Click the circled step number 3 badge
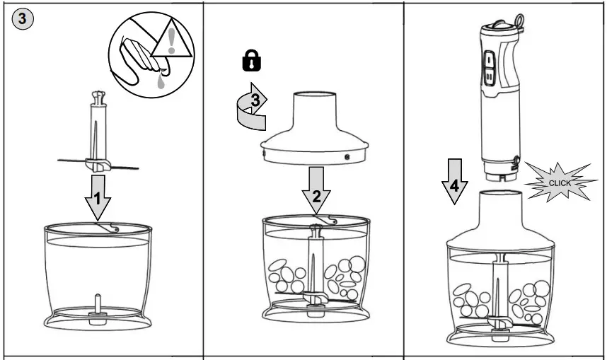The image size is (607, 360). point(23,18)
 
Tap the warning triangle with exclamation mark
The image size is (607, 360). point(171,40)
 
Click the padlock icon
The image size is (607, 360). point(252,60)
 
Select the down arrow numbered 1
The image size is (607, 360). point(98,197)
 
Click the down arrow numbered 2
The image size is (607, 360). point(316,190)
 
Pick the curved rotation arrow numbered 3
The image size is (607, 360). point(252,107)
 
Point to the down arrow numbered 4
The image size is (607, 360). point(455,181)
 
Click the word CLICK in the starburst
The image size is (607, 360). point(560,183)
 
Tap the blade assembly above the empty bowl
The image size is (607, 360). point(98,132)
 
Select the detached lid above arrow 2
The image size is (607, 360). point(314,128)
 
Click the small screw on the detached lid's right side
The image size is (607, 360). point(347,156)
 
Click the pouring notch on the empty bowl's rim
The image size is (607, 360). point(112,227)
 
